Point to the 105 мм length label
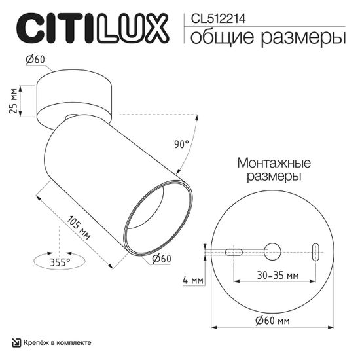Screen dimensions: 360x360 point(79,226)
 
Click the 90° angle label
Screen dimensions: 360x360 point(182,143)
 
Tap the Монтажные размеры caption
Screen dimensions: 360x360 point(274,170)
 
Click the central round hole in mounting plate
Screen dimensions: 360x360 point(272,251)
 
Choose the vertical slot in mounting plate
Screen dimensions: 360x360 point(316,252)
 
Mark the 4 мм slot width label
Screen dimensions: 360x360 point(194,279)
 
